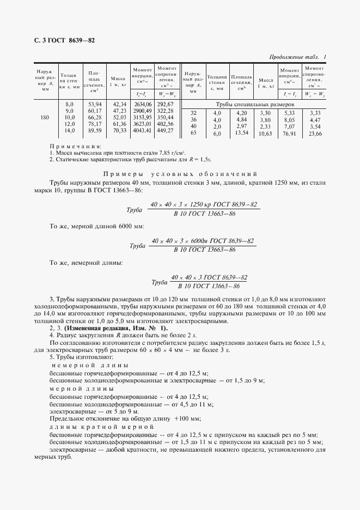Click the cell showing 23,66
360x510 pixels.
pos(315,133)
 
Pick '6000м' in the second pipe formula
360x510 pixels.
pos(200,241)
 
